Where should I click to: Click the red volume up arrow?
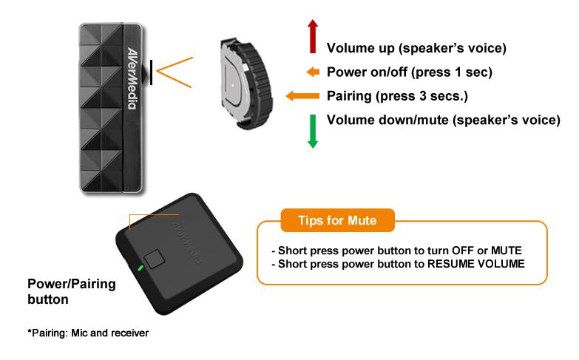(313, 36)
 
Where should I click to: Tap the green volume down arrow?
(313, 132)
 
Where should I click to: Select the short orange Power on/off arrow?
(313, 72)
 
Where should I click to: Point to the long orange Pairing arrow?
(302, 96)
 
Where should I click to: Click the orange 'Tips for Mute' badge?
(337, 220)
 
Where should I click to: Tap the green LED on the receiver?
(140, 268)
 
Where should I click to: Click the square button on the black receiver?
(155, 259)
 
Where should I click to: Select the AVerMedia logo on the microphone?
(132, 78)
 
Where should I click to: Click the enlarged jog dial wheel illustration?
(246, 84)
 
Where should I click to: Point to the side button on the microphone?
(146, 72)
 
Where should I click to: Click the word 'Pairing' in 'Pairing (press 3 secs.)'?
(349, 96)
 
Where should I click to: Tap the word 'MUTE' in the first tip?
(507, 251)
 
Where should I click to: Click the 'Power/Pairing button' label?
(72, 291)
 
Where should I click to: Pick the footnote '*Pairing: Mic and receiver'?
(88, 333)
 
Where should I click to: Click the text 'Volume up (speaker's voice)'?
(416, 48)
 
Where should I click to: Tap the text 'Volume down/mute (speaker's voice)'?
(444, 120)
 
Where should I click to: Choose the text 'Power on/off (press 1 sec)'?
(410, 72)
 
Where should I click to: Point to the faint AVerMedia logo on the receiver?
(187, 242)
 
